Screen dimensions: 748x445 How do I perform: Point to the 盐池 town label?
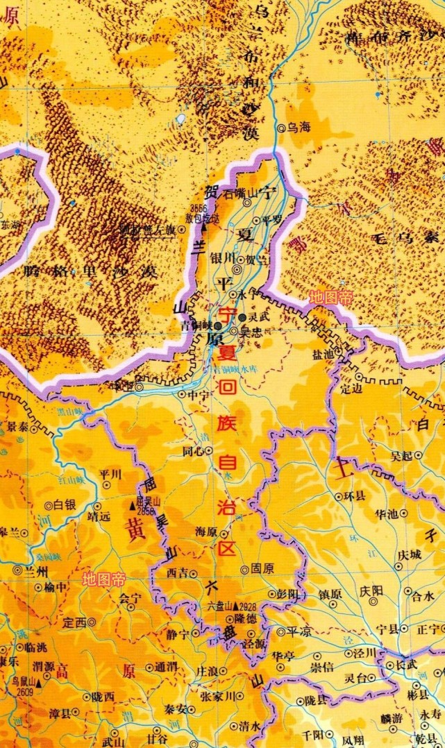tap(324, 354)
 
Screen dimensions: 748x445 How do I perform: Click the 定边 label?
tap(353, 389)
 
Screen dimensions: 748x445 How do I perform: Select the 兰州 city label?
tap(34, 571)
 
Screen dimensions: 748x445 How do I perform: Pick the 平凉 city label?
tap(300, 632)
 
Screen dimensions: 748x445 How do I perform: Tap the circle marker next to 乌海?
tap(282, 128)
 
